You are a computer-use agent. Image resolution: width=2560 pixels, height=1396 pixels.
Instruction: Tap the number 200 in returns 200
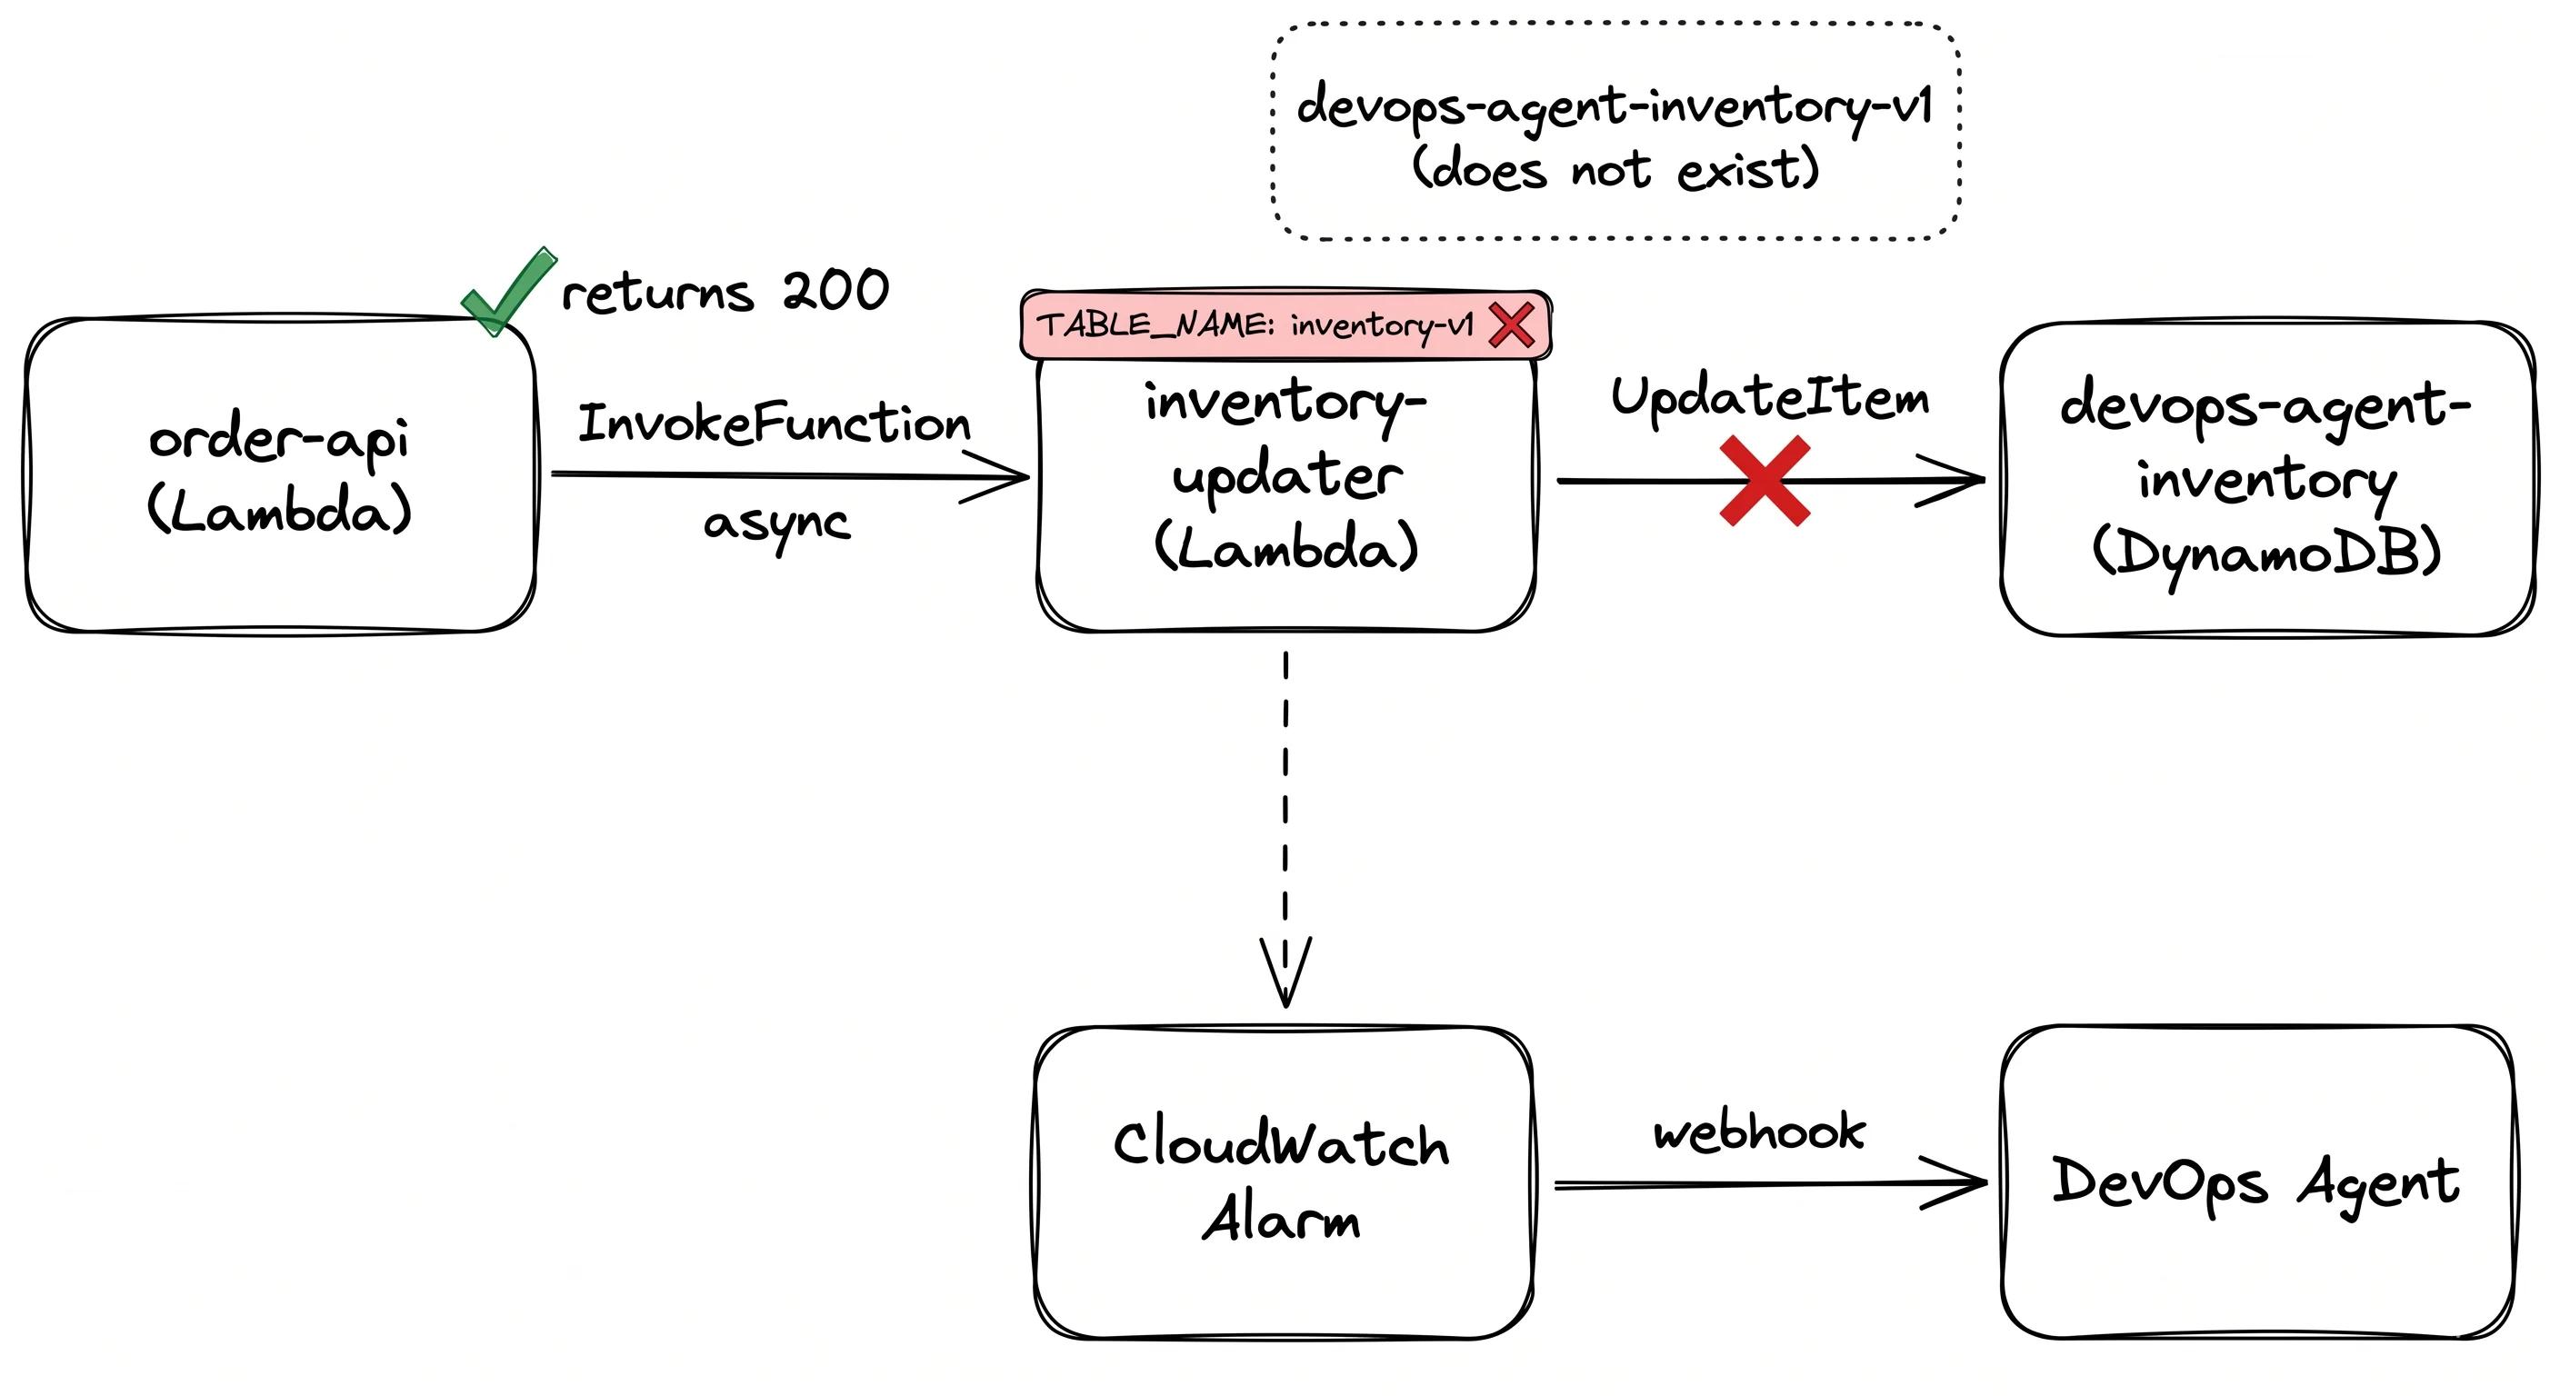point(835,291)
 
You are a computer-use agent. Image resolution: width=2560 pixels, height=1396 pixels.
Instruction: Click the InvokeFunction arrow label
point(773,424)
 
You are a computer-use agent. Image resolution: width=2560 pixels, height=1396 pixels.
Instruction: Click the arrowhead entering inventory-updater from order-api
point(1004,478)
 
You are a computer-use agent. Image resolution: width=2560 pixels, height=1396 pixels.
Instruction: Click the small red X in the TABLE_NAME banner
point(1511,324)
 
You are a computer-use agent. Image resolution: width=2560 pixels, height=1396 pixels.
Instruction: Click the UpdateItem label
point(1770,397)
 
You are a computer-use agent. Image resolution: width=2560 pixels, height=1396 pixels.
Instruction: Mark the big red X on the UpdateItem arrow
point(1764,481)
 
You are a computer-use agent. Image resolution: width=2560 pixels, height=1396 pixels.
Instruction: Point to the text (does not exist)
point(1615,169)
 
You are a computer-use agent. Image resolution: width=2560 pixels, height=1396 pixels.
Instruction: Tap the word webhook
point(1759,1132)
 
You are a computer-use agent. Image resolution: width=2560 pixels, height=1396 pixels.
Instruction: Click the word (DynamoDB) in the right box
point(2265,553)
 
